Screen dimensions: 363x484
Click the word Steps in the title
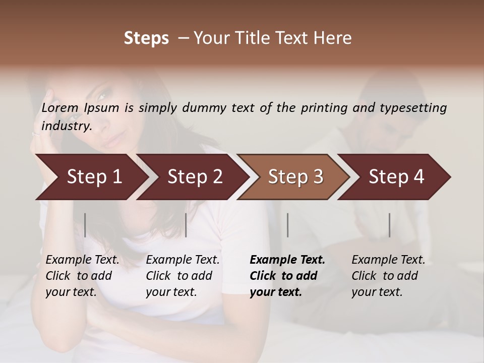[x=146, y=38]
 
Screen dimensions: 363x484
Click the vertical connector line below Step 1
[x=85, y=225]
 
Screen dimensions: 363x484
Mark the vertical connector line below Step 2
[x=186, y=225]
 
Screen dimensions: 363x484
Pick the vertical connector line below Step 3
[x=287, y=225]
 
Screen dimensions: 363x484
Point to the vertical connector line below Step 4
[x=389, y=225]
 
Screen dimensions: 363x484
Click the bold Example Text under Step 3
[x=287, y=276]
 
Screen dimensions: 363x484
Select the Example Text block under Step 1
[x=82, y=276]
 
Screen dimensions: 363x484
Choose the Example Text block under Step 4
[x=388, y=276]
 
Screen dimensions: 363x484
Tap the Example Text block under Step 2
[x=183, y=276]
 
